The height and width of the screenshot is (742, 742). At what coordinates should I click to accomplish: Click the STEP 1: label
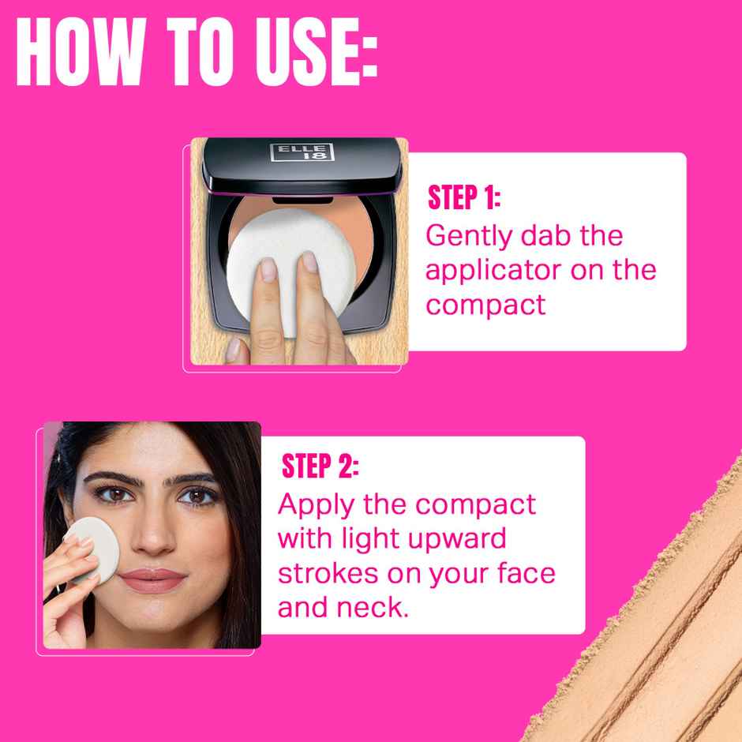[x=464, y=198]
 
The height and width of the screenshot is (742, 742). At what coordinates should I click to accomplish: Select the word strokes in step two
[x=327, y=573]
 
